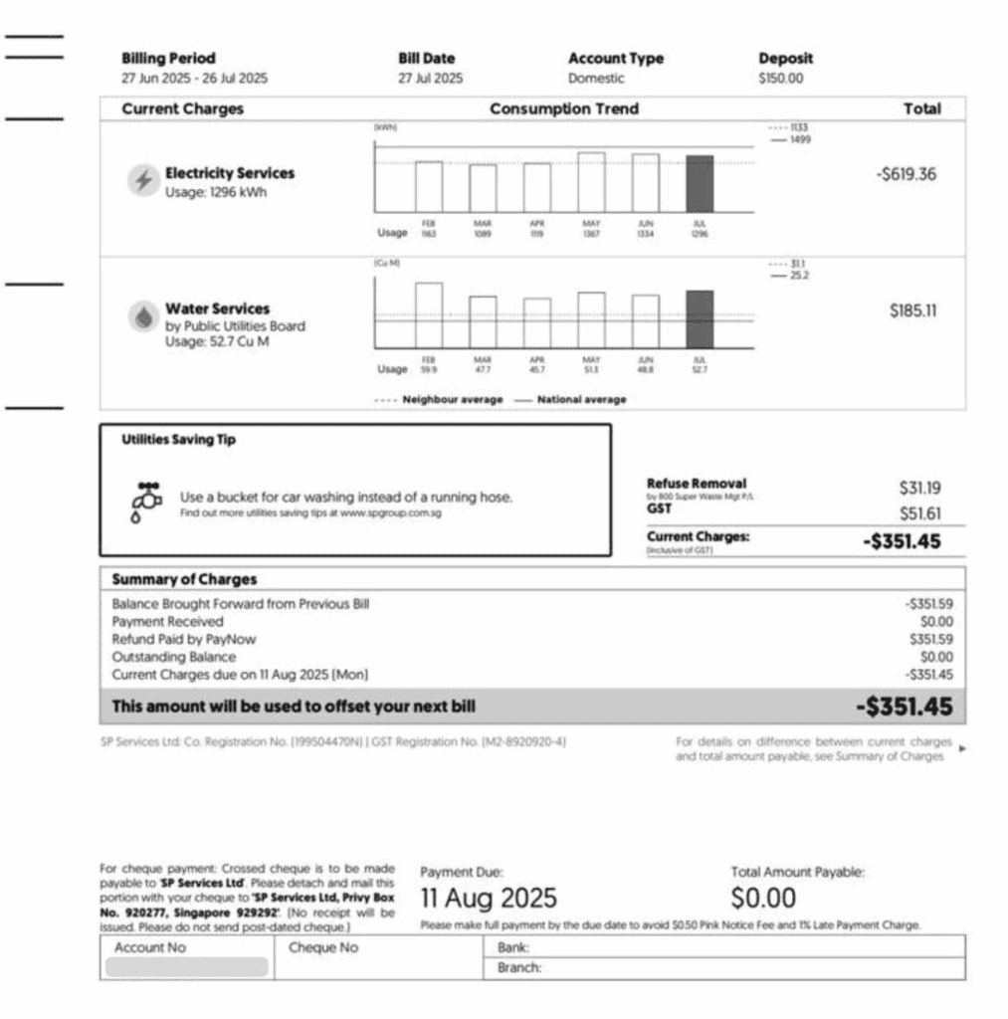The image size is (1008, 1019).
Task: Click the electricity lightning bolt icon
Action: point(143,181)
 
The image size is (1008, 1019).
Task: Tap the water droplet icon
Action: point(143,316)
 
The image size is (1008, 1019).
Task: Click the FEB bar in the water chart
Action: point(429,315)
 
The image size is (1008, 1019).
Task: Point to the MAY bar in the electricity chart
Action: point(591,181)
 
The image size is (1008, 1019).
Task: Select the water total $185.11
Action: point(912,310)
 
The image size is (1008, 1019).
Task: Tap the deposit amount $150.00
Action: point(781,79)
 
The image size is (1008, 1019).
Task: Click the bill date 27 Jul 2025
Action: point(431,79)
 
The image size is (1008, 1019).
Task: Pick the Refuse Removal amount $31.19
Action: point(919,488)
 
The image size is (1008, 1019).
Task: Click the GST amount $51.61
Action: point(919,513)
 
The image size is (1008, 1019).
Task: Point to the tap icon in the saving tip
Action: point(146,501)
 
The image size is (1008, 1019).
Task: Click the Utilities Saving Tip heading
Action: point(178,440)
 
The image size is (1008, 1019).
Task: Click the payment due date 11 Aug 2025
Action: point(489,898)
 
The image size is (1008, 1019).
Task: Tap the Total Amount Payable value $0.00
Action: point(763,898)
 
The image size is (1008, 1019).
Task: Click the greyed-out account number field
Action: point(187,967)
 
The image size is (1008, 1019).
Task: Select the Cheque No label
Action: point(322,947)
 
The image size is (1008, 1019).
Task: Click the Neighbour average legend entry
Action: point(439,399)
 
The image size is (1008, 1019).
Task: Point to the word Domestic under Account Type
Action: point(596,79)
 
